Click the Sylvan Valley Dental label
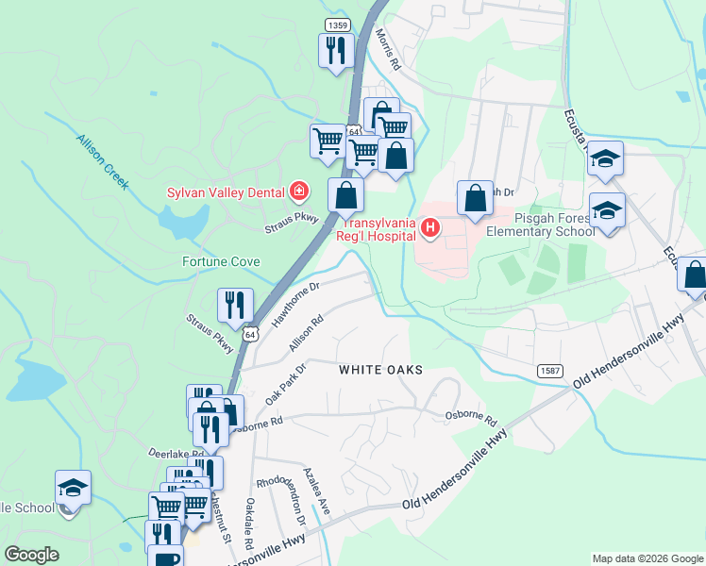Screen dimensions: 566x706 point(226,192)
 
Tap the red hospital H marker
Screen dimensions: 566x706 point(430,227)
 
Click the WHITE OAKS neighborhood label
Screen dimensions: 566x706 point(380,371)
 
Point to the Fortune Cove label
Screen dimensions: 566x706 point(221,260)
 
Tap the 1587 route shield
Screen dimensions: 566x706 point(552,372)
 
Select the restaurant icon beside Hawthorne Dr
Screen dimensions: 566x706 point(235,304)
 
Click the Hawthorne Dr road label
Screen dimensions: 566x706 point(296,303)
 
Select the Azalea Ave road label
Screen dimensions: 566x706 point(316,491)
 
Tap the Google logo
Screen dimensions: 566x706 point(31,555)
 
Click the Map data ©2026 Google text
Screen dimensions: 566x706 point(647,558)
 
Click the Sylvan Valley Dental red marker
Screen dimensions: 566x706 point(299,192)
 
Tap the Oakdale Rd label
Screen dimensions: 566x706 point(249,524)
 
